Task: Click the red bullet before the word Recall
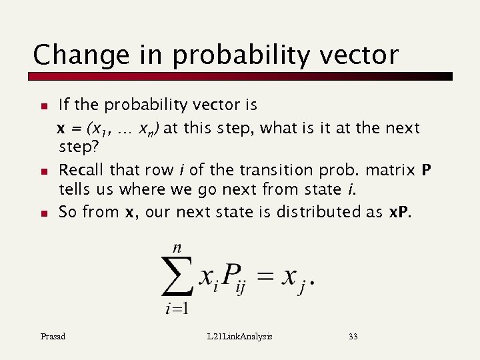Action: click(x=43, y=171)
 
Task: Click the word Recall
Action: click(x=82, y=171)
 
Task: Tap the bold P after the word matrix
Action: click(x=427, y=171)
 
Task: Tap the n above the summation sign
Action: click(x=177, y=247)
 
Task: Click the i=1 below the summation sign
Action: click(x=177, y=308)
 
